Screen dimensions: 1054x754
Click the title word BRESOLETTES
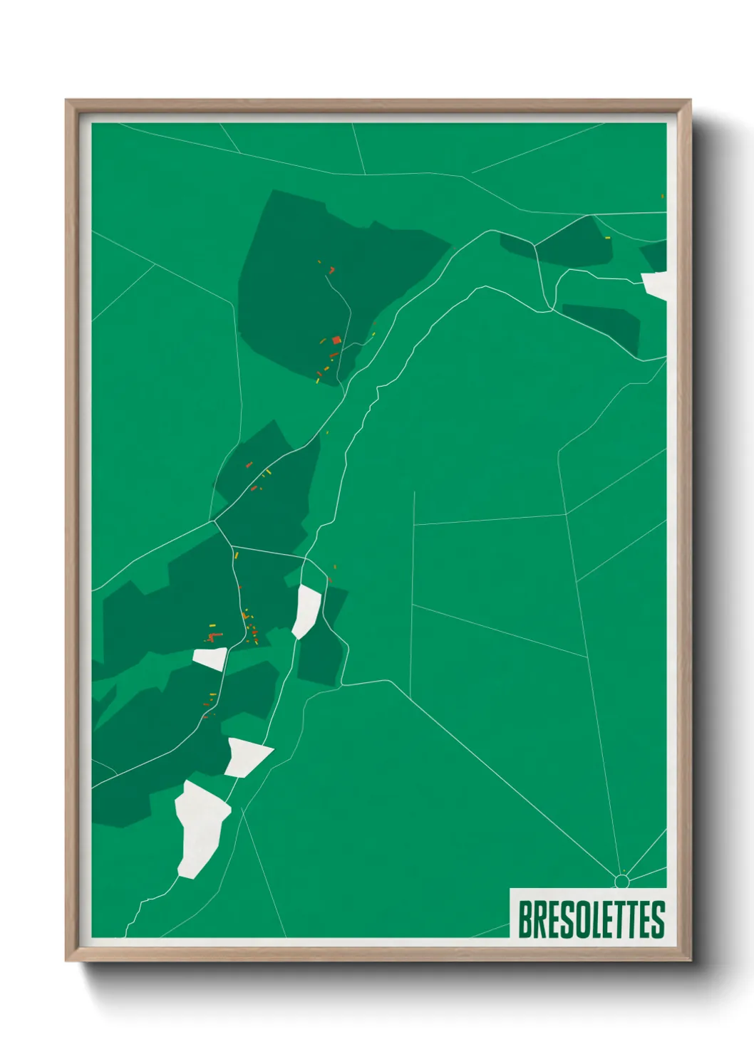tap(591, 919)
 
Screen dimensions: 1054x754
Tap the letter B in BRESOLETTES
tap(525, 919)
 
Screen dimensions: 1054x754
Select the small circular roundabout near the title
tap(621, 882)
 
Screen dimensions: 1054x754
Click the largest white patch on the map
tap(201, 828)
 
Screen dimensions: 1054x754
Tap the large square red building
tap(336, 340)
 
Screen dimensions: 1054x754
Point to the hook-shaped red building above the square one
tap(331, 270)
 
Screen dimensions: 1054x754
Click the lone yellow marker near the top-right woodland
tap(608, 238)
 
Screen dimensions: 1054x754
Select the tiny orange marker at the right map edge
tap(662, 196)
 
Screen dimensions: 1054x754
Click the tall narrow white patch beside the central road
tap(307, 610)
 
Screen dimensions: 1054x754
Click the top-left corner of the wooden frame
tap(66, 101)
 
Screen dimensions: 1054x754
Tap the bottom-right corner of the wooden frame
tap(690, 961)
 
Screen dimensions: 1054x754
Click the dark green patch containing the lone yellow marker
tap(570, 242)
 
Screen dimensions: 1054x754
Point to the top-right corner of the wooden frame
tap(690, 101)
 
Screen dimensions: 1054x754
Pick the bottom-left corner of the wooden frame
tap(66, 961)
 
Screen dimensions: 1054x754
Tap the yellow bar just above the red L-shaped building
tap(212, 625)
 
